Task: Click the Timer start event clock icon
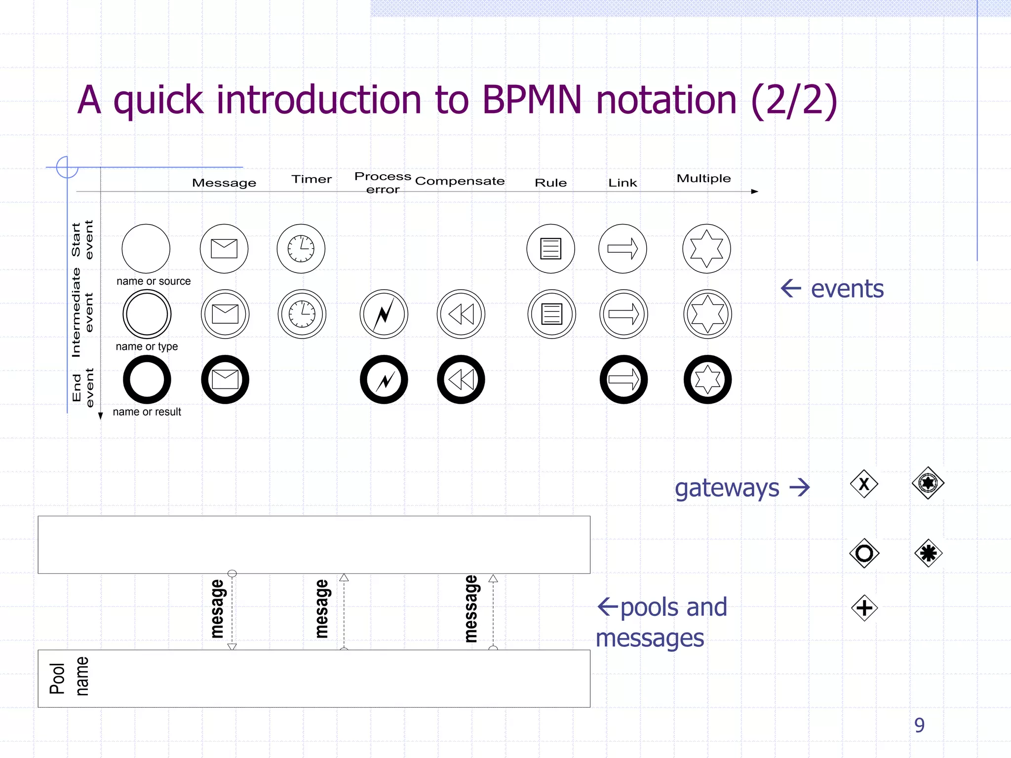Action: click(301, 248)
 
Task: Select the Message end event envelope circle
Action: click(225, 379)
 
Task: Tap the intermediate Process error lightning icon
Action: click(384, 314)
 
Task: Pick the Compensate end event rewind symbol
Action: click(461, 379)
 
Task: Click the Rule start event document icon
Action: click(550, 248)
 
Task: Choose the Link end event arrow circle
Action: click(623, 379)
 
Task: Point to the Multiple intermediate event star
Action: click(707, 314)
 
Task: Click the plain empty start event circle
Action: click(146, 248)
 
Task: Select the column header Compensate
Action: click(460, 181)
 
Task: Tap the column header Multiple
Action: click(703, 178)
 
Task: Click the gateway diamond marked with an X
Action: click(864, 484)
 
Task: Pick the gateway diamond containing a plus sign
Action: click(864, 607)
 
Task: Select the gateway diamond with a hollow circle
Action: click(864, 553)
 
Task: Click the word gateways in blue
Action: click(727, 489)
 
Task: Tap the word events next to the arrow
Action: click(847, 289)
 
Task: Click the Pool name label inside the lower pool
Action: click(69, 678)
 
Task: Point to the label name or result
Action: click(147, 412)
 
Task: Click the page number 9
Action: click(919, 725)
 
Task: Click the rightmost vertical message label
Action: click(471, 608)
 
